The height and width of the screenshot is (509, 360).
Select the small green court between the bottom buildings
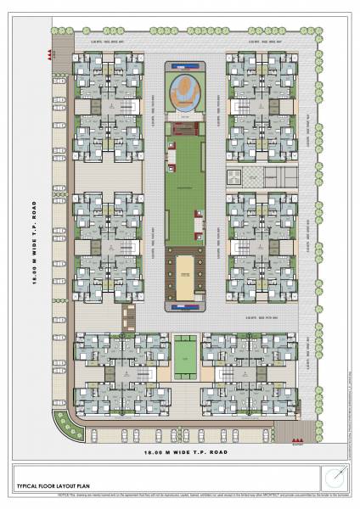tap(185, 356)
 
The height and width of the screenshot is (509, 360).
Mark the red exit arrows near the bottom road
tap(297, 441)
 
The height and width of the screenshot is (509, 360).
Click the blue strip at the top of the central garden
tap(184, 65)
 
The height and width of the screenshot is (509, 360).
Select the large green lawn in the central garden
tap(184, 195)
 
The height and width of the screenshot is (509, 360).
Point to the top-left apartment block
tap(109, 106)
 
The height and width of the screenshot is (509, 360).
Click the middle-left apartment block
tap(109, 246)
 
